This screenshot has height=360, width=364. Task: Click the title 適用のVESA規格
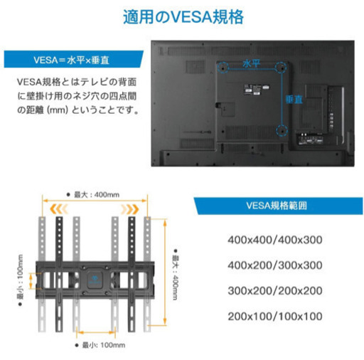pos(183,17)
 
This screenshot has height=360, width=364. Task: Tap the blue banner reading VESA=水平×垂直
pos(73,59)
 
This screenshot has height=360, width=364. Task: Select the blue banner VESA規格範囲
pos(278,206)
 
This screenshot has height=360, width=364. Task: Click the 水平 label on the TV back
pos(252,64)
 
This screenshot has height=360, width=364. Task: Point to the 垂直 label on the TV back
pos(294,100)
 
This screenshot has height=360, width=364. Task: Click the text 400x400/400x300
pos(275,240)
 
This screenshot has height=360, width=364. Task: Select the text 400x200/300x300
pos(275,265)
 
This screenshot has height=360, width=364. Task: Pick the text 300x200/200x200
pos(275,290)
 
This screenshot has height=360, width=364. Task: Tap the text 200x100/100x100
pos(275,316)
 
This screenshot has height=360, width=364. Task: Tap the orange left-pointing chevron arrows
pos(59,209)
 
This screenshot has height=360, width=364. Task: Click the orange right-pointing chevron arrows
pos(129,209)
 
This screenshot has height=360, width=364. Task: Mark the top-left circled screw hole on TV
pos(223,68)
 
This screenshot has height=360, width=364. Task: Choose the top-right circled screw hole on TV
pos(282,68)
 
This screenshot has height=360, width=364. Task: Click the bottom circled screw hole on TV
pos(282,131)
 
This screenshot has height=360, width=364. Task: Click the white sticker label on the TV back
pos(252,90)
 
